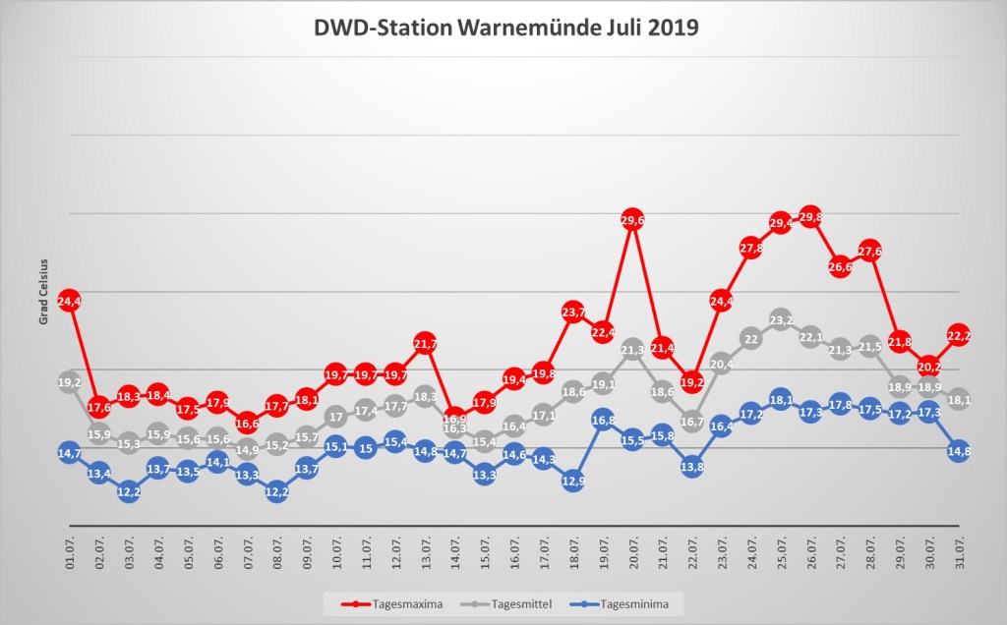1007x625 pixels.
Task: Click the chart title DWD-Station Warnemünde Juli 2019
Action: [504, 27]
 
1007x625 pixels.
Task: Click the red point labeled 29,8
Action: [810, 217]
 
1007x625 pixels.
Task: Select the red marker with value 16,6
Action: [247, 423]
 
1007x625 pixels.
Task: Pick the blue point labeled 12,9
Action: [573, 481]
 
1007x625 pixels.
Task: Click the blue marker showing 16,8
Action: [603, 420]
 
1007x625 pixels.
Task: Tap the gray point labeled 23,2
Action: [781, 320]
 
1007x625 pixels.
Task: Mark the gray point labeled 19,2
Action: [69, 382]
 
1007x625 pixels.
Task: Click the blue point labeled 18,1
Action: [781, 400]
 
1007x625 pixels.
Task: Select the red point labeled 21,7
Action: [425, 344]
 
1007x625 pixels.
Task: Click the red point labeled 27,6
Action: [869, 252]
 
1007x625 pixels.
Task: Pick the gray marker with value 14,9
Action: [247, 449]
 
